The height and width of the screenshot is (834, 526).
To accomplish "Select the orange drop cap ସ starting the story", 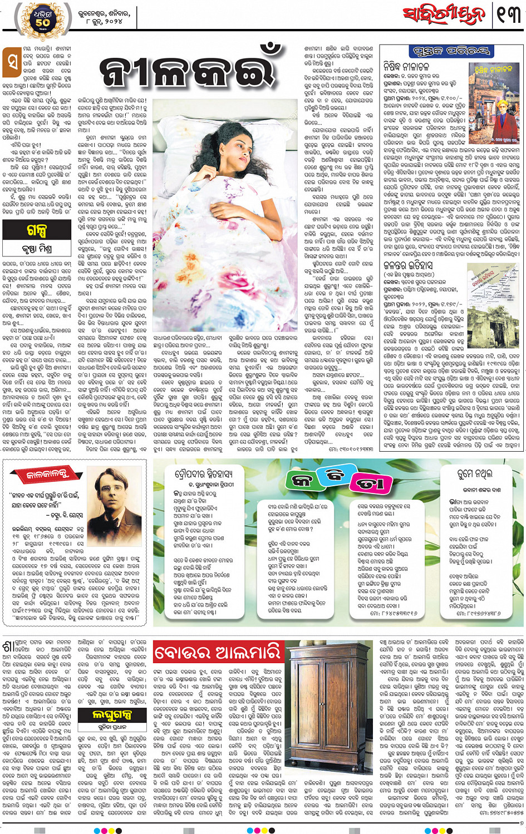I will click(12, 62).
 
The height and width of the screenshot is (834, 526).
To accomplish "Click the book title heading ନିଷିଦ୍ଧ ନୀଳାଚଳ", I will click(406, 66).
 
